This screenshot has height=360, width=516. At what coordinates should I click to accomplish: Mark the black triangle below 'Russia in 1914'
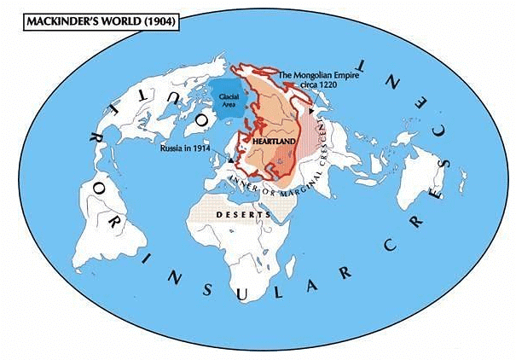click(x=232, y=160)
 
